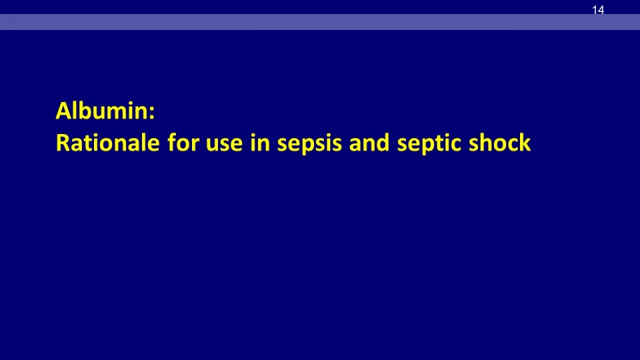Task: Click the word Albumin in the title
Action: [x=103, y=111]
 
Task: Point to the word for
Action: [x=183, y=143]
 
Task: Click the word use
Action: [x=225, y=145]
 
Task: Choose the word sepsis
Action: [x=309, y=145]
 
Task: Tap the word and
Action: [x=369, y=143]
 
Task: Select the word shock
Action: [x=499, y=143]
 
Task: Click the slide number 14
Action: [x=598, y=10]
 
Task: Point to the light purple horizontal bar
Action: [x=320, y=22]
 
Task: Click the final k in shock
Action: [x=525, y=143]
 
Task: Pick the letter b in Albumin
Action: [x=87, y=111]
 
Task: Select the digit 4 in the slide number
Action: [x=601, y=10]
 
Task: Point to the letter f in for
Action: [x=172, y=143]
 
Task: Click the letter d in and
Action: [x=383, y=143]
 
